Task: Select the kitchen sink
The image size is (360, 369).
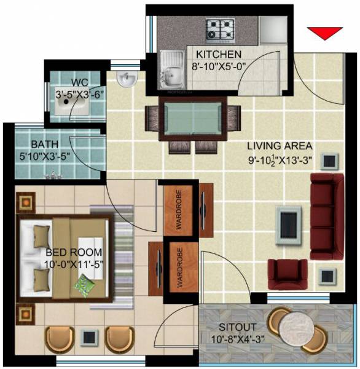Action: tap(171, 68)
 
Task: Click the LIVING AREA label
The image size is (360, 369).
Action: tap(280, 146)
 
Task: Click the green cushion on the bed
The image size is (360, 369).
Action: tap(84, 284)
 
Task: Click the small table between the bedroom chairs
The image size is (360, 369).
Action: tap(89, 337)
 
